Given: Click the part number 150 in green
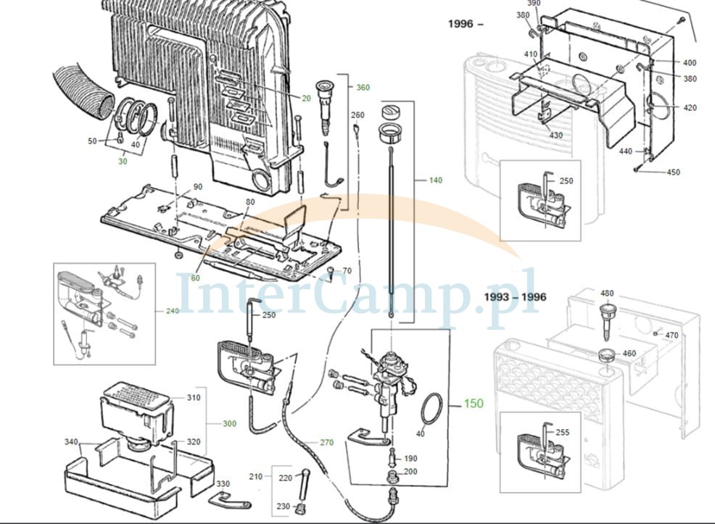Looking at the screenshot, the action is click(x=474, y=403).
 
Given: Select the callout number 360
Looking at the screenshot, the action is click(x=363, y=88).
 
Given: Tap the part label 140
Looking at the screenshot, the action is click(x=436, y=180).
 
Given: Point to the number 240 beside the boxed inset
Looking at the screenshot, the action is click(x=173, y=311).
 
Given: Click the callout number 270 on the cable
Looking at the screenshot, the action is click(x=326, y=442).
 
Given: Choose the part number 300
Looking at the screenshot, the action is click(x=229, y=424).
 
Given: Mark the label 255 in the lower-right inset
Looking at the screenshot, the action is click(x=562, y=433).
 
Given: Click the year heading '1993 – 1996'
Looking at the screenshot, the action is click(x=515, y=297).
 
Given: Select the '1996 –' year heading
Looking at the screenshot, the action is click(x=465, y=24).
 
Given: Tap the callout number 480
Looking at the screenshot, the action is click(x=607, y=294).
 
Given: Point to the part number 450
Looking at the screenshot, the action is click(x=673, y=172).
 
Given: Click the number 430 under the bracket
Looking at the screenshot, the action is click(x=556, y=136).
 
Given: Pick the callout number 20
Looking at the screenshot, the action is click(x=306, y=99).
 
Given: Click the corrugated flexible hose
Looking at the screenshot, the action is click(x=81, y=94).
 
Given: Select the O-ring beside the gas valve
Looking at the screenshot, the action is click(x=431, y=409).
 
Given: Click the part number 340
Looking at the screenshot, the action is click(x=71, y=442).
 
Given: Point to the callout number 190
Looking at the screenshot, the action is click(x=410, y=458).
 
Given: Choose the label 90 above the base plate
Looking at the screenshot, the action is click(x=197, y=187).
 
